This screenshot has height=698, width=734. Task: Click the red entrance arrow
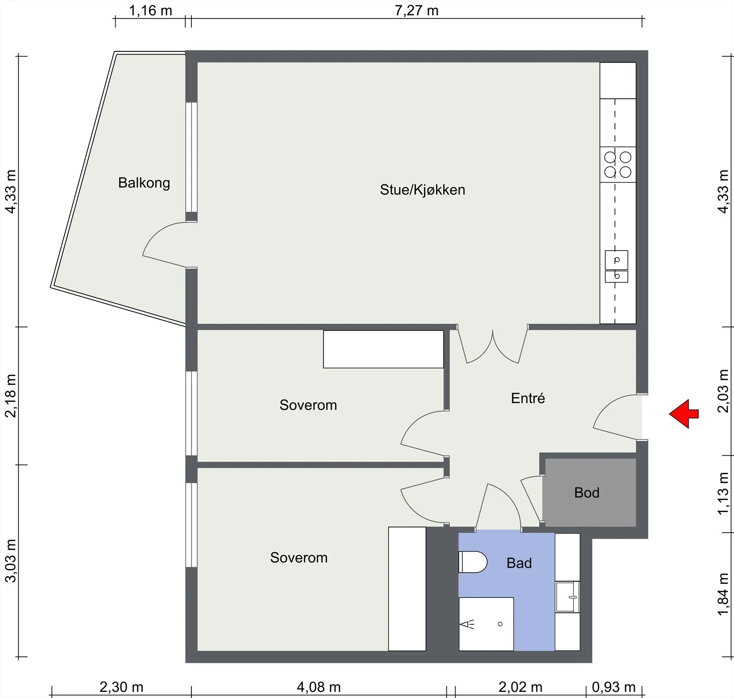click(x=684, y=414)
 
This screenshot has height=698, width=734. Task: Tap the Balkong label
click(x=144, y=183)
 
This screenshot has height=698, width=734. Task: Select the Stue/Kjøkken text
click(x=423, y=190)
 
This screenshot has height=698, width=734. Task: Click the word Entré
click(x=528, y=398)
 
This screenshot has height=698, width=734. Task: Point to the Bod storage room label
click(x=587, y=493)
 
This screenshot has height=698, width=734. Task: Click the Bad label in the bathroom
click(x=519, y=563)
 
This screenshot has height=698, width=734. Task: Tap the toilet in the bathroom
click(x=473, y=562)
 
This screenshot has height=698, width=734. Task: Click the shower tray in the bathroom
click(x=486, y=624)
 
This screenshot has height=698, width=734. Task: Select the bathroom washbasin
click(x=567, y=597)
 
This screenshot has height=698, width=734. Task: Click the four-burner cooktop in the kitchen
click(x=618, y=164)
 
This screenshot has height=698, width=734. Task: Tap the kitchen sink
click(x=617, y=266)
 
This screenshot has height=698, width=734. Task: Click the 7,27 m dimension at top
click(x=417, y=10)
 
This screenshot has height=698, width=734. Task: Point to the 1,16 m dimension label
click(x=150, y=10)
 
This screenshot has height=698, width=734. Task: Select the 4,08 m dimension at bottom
click(x=319, y=687)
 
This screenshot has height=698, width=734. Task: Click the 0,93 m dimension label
click(x=614, y=687)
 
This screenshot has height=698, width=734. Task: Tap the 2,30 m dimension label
click(x=122, y=687)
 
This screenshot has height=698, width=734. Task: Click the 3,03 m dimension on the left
click(x=10, y=561)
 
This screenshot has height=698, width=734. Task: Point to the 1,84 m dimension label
click(x=723, y=595)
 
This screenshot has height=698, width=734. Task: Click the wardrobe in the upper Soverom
click(x=384, y=349)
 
